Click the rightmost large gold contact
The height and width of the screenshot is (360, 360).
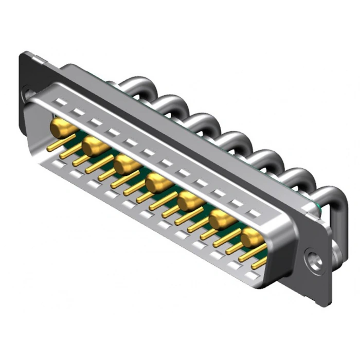tap(253, 238)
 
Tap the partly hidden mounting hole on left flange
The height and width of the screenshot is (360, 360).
tap(25, 94)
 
